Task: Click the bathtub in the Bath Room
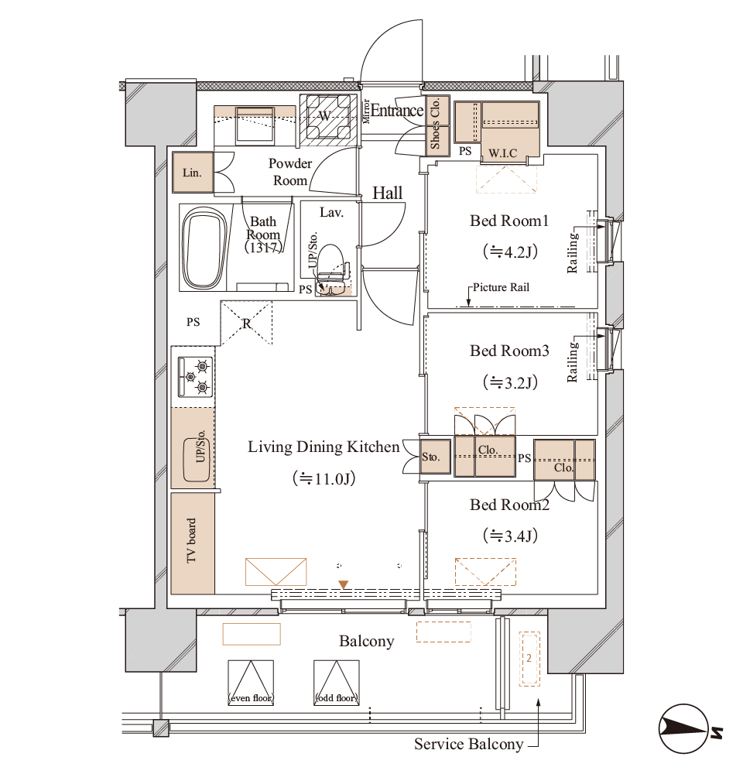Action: pos(204,248)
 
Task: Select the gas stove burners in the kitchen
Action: pos(196,377)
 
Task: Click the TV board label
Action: pos(191,540)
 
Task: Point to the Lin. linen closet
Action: pos(193,173)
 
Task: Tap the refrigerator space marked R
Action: pos(246,324)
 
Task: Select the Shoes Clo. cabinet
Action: pos(437,125)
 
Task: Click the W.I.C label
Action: pos(502,153)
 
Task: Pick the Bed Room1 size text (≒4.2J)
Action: pos(510,252)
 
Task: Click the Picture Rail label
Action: pos(501,287)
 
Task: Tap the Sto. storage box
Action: pos(436,457)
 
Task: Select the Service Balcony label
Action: pos(468,744)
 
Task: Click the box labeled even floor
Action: pos(251,683)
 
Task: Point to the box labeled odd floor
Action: pos(337,683)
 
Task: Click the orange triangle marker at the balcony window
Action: pos(343,585)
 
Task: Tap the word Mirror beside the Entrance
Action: pos(366,111)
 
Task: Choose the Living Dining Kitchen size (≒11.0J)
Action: pos(324,478)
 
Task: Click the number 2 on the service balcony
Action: pos(529,658)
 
